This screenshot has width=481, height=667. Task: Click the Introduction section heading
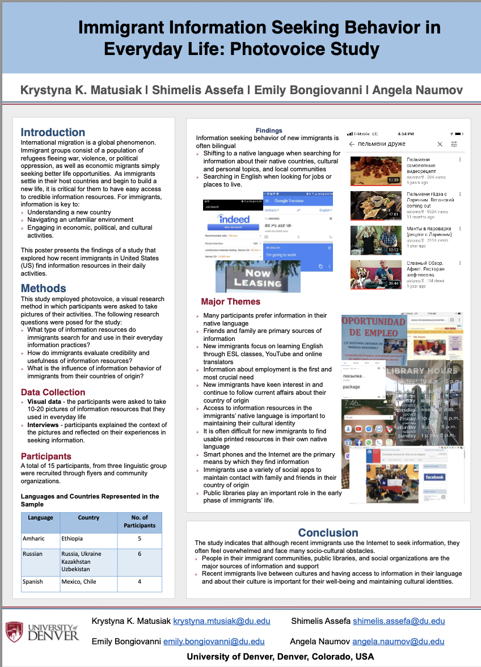53,132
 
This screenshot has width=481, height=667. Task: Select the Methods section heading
44,288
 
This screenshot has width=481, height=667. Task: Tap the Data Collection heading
53,392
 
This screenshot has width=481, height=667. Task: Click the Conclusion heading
328,533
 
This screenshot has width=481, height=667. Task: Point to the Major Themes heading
230,302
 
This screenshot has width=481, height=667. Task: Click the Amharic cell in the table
33,538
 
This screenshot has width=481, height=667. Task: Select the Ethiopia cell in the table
72,538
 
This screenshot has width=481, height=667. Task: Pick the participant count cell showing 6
139,554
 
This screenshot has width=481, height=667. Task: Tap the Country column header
88,517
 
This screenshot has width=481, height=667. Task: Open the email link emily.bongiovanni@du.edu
214,641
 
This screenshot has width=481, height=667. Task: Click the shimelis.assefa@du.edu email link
399,621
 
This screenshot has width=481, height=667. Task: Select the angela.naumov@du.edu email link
398,641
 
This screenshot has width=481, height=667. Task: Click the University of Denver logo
43,631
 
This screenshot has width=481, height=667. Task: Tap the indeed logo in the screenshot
234,219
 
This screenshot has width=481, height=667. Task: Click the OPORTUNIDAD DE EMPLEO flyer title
374,326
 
